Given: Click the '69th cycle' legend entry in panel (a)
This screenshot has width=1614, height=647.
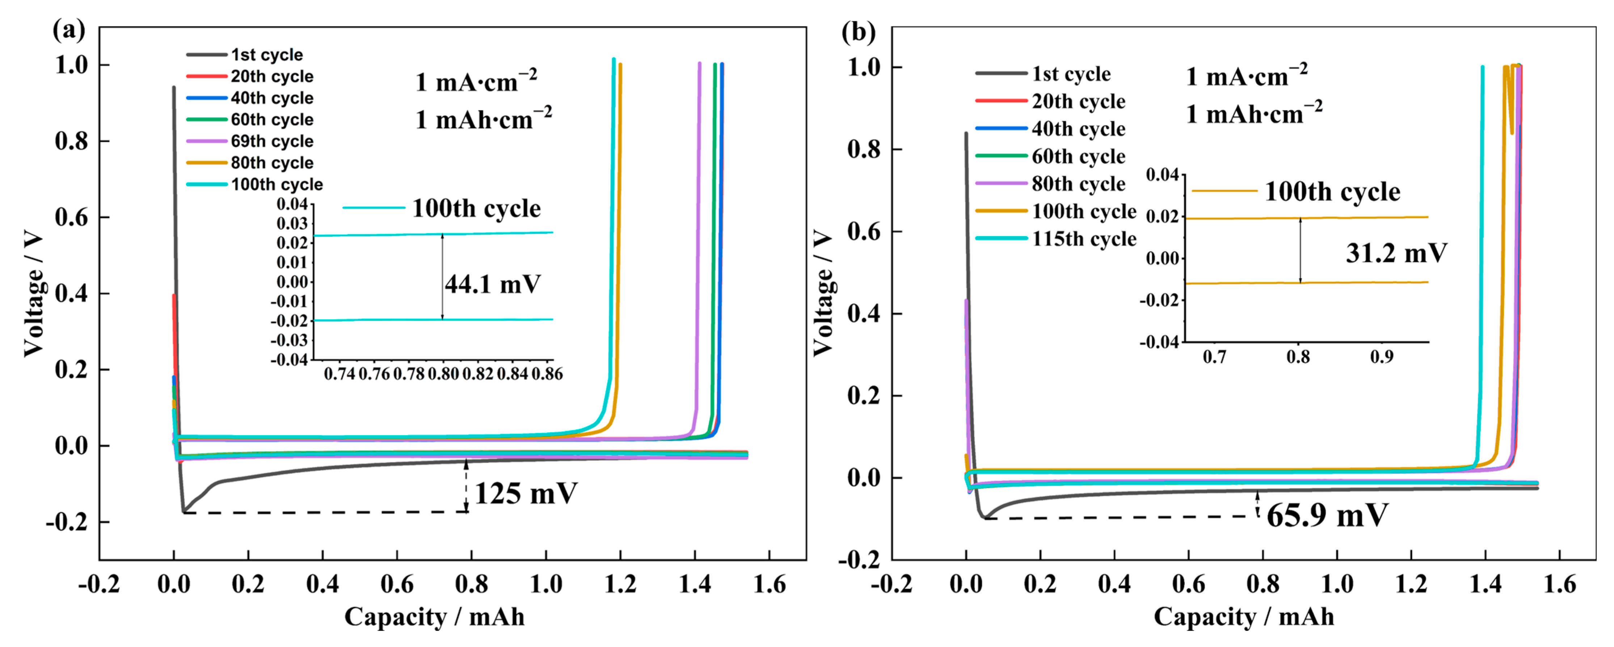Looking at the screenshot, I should coord(271,141).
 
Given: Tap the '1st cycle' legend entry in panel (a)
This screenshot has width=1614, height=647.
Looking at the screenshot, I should coord(266,55).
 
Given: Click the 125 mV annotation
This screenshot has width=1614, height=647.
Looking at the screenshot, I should coord(525,494).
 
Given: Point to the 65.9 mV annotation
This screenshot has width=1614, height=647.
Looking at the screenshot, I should coord(1327,515).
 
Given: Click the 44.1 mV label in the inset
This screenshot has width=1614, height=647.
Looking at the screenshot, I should coord(493,285).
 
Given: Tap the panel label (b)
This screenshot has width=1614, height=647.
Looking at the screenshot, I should coord(858,31).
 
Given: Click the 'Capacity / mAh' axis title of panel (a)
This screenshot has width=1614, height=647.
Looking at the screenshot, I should coord(434,617).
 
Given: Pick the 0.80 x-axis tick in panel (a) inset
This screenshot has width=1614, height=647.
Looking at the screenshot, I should coord(444,374).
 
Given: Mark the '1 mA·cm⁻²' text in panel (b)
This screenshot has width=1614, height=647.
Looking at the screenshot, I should coord(1246,76).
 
